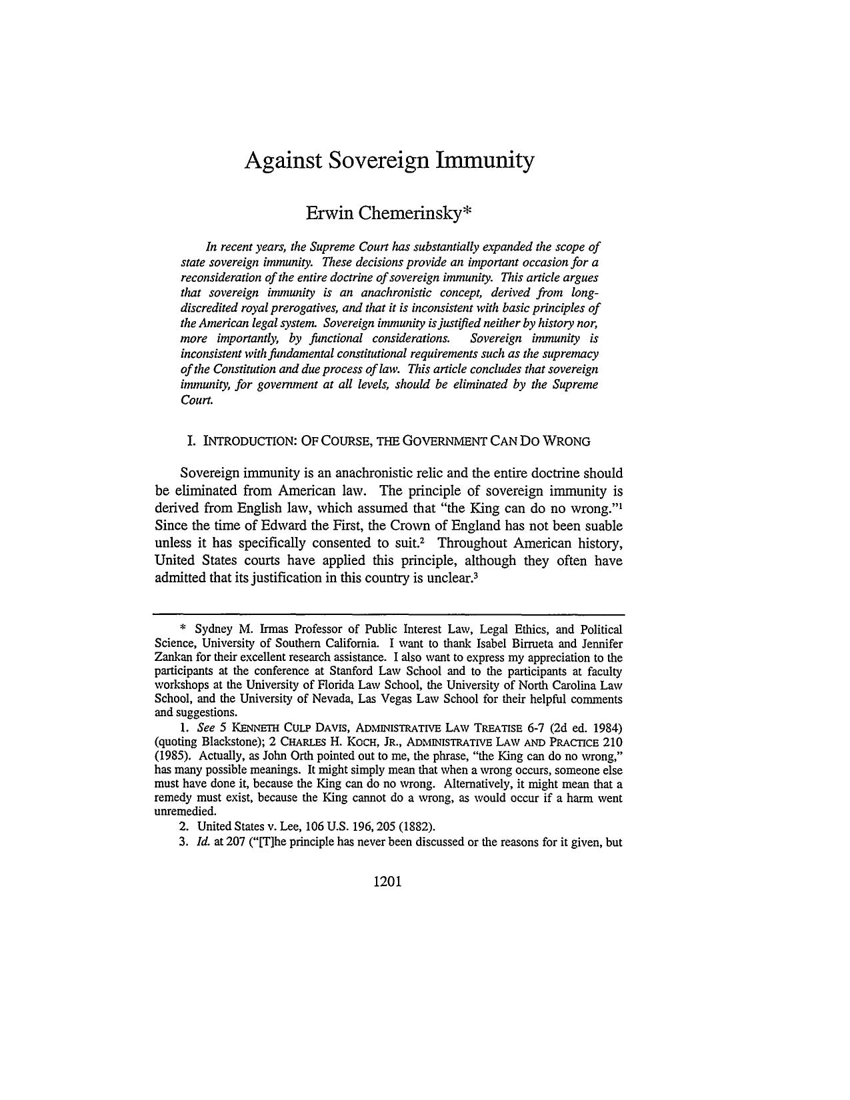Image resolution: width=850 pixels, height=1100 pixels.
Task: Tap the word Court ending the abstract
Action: (197, 400)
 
